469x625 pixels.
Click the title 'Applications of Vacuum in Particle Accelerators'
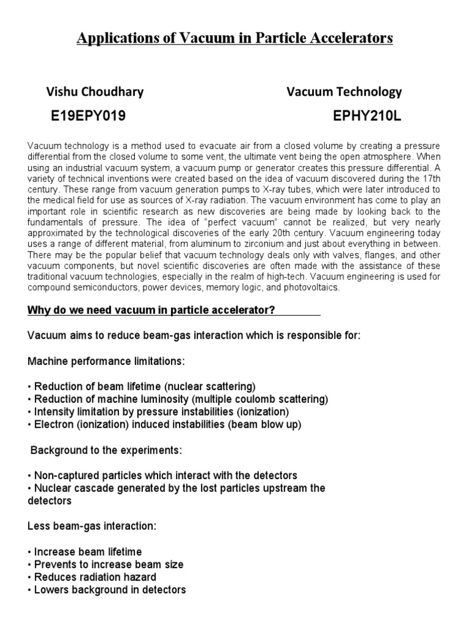234,39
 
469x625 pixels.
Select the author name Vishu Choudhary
95,92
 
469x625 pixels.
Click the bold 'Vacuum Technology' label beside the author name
344,92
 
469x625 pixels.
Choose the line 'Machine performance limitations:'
106,362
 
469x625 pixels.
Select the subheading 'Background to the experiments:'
105,450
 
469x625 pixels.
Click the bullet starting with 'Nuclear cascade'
177,488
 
